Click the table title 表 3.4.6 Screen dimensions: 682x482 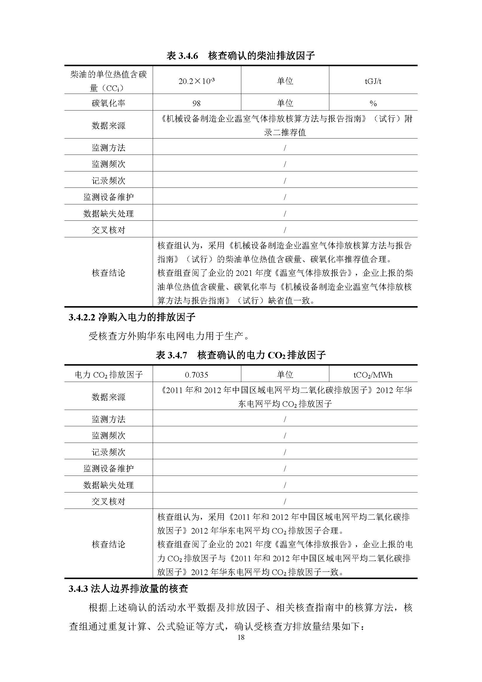click(x=241, y=56)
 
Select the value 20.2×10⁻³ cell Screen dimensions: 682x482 click(x=196, y=81)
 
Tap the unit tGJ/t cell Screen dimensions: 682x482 click(x=373, y=81)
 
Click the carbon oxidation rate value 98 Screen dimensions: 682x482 click(x=196, y=104)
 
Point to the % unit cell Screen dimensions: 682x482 click(x=373, y=104)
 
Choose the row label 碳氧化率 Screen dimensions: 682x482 click(x=109, y=104)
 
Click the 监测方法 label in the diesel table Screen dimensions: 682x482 click(x=109, y=148)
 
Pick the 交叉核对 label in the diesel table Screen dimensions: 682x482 click(x=109, y=230)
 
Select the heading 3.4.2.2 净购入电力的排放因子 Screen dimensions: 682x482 click(x=132, y=317)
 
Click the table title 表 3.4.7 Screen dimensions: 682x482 click(x=241, y=355)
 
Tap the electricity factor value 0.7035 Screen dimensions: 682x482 click(x=196, y=375)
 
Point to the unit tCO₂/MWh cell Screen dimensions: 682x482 click(x=373, y=375)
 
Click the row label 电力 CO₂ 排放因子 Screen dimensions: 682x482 click(x=109, y=375)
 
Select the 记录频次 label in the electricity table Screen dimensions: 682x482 click(x=109, y=452)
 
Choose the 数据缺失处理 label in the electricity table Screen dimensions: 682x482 click(x=109, y=485)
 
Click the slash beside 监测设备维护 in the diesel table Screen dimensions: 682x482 click(x=285, y=197)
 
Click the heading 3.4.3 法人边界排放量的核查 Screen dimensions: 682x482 click(x=128, y=589)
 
